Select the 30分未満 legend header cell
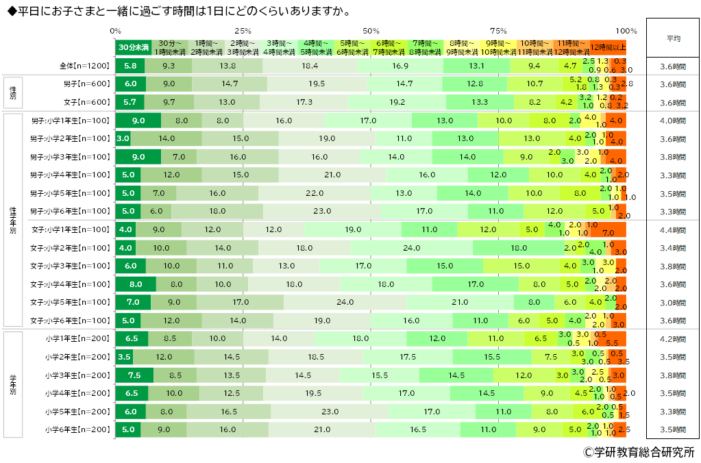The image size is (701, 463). (133, 48)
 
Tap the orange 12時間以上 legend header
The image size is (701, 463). (608, 47)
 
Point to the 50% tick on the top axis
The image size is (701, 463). (371, 30)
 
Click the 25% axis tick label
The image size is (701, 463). (243, 30)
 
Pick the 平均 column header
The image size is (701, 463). (673, 39)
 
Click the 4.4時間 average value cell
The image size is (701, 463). (673, 229)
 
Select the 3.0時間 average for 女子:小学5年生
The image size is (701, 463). (673, 302)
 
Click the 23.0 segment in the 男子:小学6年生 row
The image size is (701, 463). (321, 211)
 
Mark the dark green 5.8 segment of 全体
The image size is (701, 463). (130, 66)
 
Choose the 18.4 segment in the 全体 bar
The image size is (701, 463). (310, 66)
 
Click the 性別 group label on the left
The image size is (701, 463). (12, 93)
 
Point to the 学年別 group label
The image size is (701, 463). (12, 384)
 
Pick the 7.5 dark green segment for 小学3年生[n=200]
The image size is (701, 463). (134, 375)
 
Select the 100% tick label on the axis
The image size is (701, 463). (626, 30)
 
